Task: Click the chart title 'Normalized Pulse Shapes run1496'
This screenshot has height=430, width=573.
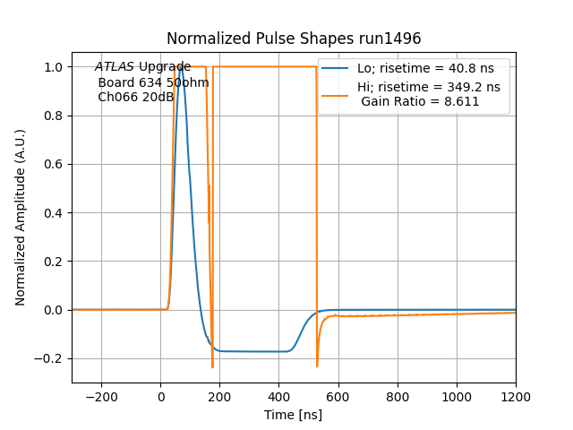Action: coord(294,39)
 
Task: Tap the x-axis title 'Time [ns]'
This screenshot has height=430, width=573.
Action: coord(294,415)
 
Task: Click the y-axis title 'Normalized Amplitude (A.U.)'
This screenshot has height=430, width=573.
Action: coord(21,217)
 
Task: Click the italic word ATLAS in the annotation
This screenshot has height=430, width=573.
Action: coord(115,66)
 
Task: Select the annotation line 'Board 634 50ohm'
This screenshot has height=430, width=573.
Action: coord(153,82)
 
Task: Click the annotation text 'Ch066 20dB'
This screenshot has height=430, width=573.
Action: coord(135,97)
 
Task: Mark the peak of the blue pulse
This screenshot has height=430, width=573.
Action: coord(182,67)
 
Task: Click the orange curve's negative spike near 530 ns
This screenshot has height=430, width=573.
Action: coord(317,365)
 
